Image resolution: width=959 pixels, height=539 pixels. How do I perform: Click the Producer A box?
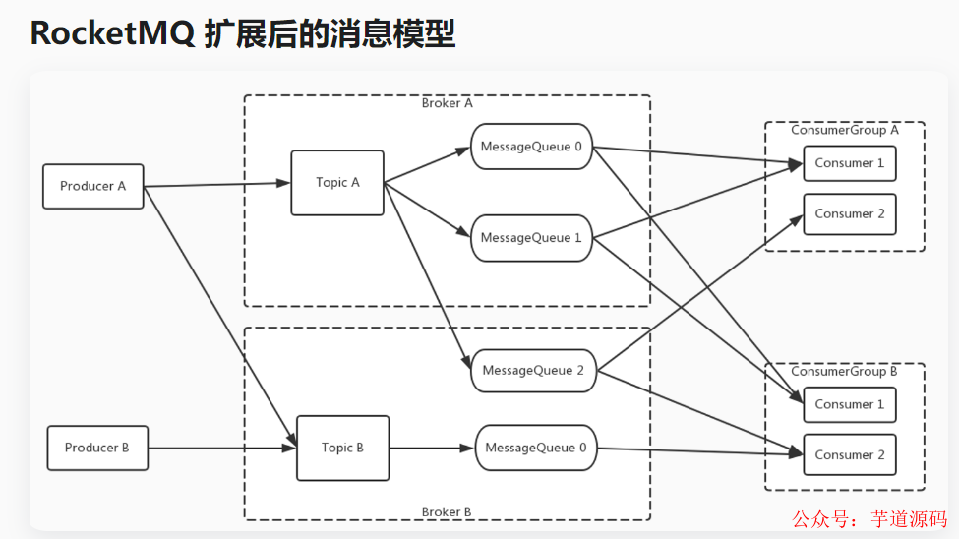coord(93,186)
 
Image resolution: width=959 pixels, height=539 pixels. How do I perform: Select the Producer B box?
coord(97,448)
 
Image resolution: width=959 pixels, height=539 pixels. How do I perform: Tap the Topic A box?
coord(337,182)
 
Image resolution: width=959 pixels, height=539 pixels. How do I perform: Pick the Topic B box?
coord(342,448)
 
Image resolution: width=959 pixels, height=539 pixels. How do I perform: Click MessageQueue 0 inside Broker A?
coord(531,147)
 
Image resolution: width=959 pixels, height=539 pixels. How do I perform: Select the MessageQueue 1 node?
coord(531,238)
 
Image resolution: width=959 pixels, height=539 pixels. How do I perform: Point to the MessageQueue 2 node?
coord(533,371)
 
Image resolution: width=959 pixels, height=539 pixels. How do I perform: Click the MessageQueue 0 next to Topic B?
coord(536,448)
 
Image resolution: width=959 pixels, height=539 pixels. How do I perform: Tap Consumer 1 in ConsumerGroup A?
coord(850,163)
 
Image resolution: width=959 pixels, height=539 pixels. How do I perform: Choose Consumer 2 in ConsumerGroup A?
coord(850,213)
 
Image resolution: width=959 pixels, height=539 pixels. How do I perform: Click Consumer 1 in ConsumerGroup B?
coord(850,404)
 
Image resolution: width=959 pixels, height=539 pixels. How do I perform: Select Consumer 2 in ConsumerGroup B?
coord(850,454)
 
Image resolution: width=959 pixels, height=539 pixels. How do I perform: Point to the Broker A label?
coord(447,103)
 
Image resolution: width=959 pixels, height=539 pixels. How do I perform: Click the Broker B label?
coord(447,511)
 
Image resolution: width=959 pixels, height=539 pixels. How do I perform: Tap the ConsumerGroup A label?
coord(845,130)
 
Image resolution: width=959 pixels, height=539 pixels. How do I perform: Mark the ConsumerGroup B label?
coord(845,372)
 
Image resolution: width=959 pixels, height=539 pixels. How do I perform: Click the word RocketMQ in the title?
coord(110,33)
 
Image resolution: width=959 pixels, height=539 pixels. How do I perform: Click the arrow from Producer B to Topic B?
coord(221,448)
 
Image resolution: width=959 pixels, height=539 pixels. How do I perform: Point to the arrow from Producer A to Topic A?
coord(216,185)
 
